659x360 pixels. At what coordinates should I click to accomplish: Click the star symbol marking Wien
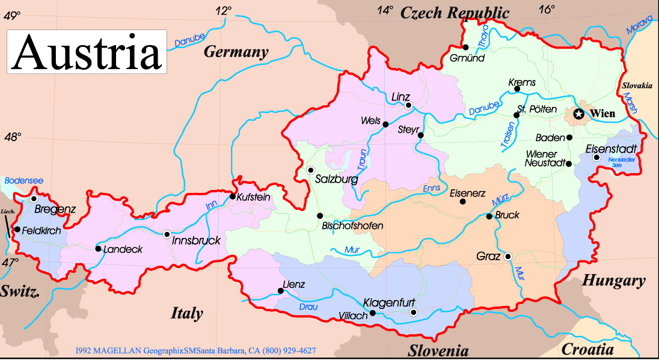pos(578,114)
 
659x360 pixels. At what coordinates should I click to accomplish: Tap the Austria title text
pos(87,52)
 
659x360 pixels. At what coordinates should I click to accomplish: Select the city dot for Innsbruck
pos(167,234)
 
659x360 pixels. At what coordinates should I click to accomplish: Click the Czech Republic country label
pos(455,12)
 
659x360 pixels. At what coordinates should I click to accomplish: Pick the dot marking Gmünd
pos(465,47)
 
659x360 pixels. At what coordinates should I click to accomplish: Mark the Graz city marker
pos(508,256)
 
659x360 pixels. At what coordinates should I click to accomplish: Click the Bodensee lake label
pos(24,180)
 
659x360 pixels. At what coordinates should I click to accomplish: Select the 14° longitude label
pos(385,10)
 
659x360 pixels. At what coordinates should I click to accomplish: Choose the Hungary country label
pos(613,281)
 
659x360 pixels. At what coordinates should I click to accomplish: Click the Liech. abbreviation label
pos(7,212)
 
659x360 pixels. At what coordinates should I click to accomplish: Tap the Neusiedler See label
pos(621,162)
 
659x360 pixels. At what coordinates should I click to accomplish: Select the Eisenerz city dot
pos(462,201)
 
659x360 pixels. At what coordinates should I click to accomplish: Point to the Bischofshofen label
pos(353,226)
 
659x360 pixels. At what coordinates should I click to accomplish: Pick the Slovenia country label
pos(438,350)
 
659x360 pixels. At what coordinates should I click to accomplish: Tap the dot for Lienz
pos(281,291)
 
